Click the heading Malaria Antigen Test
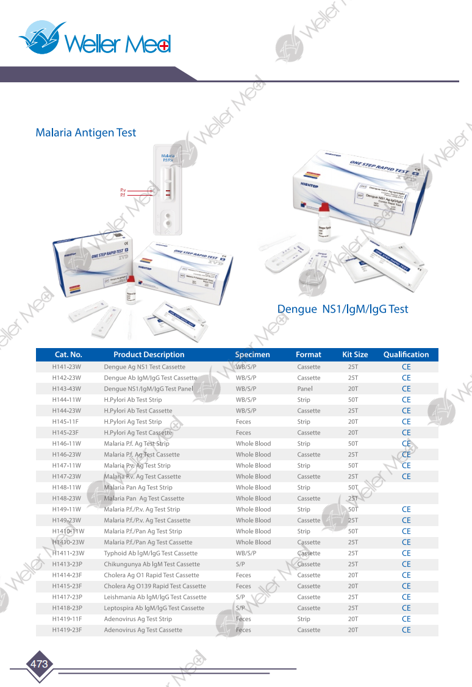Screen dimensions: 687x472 click(x=85, y=132)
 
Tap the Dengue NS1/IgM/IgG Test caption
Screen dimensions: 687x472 click(x=342, y=309)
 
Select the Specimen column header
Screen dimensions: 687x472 click(x=252, y=354)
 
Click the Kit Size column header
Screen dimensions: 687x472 click(x=355, y=354)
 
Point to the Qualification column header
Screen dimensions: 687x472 click(x=406, y=354)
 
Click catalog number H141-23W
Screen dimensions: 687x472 click(x=66, y=367)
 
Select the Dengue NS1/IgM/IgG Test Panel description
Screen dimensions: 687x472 click(x=148, y=389)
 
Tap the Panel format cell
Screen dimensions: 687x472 click(x=305, y=389)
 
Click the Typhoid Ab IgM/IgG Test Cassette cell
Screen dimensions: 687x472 click(x=151, y=554)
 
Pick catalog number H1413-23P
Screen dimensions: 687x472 click(x=67, y=564)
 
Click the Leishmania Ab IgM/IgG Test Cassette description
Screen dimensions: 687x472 click(x=155, y=597)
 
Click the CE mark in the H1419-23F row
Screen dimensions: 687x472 click(x=406, y=630)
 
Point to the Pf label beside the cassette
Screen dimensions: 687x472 click(x=123, y=196)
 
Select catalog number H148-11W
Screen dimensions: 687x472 click(x=66, y=488)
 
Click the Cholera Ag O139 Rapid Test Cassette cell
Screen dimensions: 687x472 click(x=155, y=586)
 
